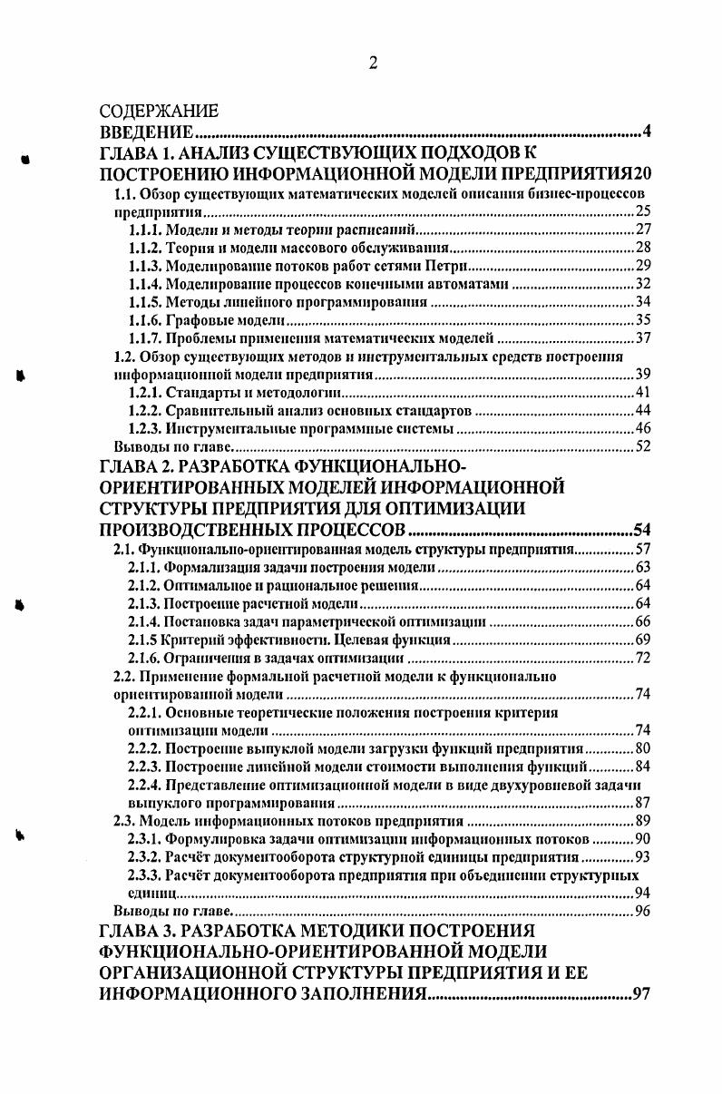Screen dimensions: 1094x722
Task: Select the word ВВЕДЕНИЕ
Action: [x=145, y=132]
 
